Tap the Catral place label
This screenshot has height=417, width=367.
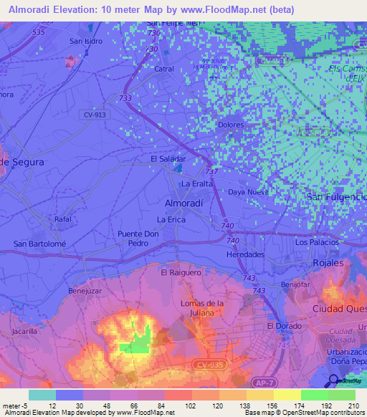(x=164, y=69)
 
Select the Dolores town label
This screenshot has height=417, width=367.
(x=231, y=125)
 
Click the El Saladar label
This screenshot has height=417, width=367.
(x=168, y=158)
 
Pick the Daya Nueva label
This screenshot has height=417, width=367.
(x=248, y=192)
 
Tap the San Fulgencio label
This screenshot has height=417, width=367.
(x=336, y=196)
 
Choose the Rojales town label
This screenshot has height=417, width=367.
(x=328, y=263)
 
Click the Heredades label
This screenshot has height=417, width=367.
(x=245, y=254)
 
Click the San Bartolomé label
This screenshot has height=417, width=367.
(x=40, y=244)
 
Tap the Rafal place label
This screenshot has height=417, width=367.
(x=63, y=219)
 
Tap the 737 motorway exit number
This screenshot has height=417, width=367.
(x=211, y=172)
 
